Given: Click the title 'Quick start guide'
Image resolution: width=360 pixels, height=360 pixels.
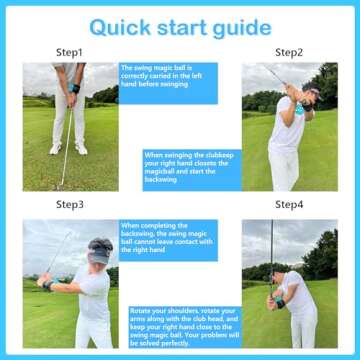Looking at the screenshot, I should click(179, 26).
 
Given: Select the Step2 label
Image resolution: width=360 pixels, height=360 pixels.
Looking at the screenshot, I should click(289, 52).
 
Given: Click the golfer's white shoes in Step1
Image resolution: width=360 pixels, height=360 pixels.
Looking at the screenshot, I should click(69, 149).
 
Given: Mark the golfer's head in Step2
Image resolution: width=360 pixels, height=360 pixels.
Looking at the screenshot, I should click(282, 96).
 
